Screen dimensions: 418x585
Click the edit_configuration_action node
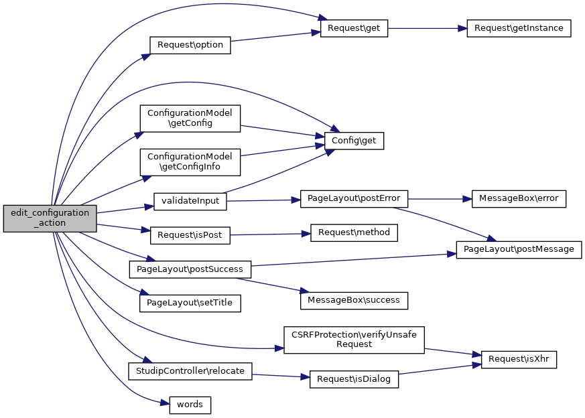click(50, 218)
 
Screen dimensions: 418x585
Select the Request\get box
click(354, 29)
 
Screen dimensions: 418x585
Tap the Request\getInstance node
click(518, 29)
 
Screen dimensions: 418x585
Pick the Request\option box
click(190, 46)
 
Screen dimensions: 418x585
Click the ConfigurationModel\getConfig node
click(190, 118)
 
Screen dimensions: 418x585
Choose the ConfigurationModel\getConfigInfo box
click(190, 161)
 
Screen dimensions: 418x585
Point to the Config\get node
click(353, 141)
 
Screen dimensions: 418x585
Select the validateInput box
click(190, 200)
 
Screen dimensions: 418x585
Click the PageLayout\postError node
click(354, 199)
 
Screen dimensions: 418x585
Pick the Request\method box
click(354, 232)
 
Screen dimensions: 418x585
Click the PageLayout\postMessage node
click(519, 249)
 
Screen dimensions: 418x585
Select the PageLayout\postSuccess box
click(190, 269)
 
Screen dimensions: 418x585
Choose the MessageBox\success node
click(353, 300)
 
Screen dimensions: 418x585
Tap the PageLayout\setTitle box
click(190, 303)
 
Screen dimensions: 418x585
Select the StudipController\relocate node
click(190, 370)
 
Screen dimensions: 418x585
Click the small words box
click(190, 405)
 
